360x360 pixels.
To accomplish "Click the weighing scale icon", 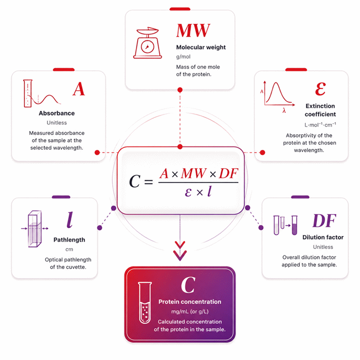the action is [148, 43].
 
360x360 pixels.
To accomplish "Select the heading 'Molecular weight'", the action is [201, 48].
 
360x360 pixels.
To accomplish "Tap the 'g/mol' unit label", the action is [183, 57].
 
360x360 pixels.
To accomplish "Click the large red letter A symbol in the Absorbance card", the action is [79, 89].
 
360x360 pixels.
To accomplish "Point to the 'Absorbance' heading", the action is [57, 113].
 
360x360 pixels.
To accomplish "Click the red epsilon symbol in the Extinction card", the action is [320, 89].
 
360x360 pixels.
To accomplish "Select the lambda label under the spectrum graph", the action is [284, 111].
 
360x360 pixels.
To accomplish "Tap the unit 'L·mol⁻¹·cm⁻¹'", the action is [320, 125].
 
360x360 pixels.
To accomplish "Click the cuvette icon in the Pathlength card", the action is [35, 229].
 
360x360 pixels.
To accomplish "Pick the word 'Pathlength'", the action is [69, 239].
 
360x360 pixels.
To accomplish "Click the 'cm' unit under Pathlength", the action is [69, 249].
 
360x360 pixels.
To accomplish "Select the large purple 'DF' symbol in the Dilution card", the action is [324, 221].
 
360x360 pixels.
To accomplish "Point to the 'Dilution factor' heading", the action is [323, 237].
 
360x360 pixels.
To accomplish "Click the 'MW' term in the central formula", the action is [194, 173].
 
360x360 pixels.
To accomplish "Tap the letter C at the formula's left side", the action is [135, 181].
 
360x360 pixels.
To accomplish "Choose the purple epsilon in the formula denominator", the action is [188, 192].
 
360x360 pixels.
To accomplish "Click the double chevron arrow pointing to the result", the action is [180, 251].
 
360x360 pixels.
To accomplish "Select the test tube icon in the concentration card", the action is [145, 303].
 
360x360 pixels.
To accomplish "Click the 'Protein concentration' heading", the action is [190, 302].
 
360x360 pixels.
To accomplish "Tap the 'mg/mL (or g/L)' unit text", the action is [190, 311].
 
